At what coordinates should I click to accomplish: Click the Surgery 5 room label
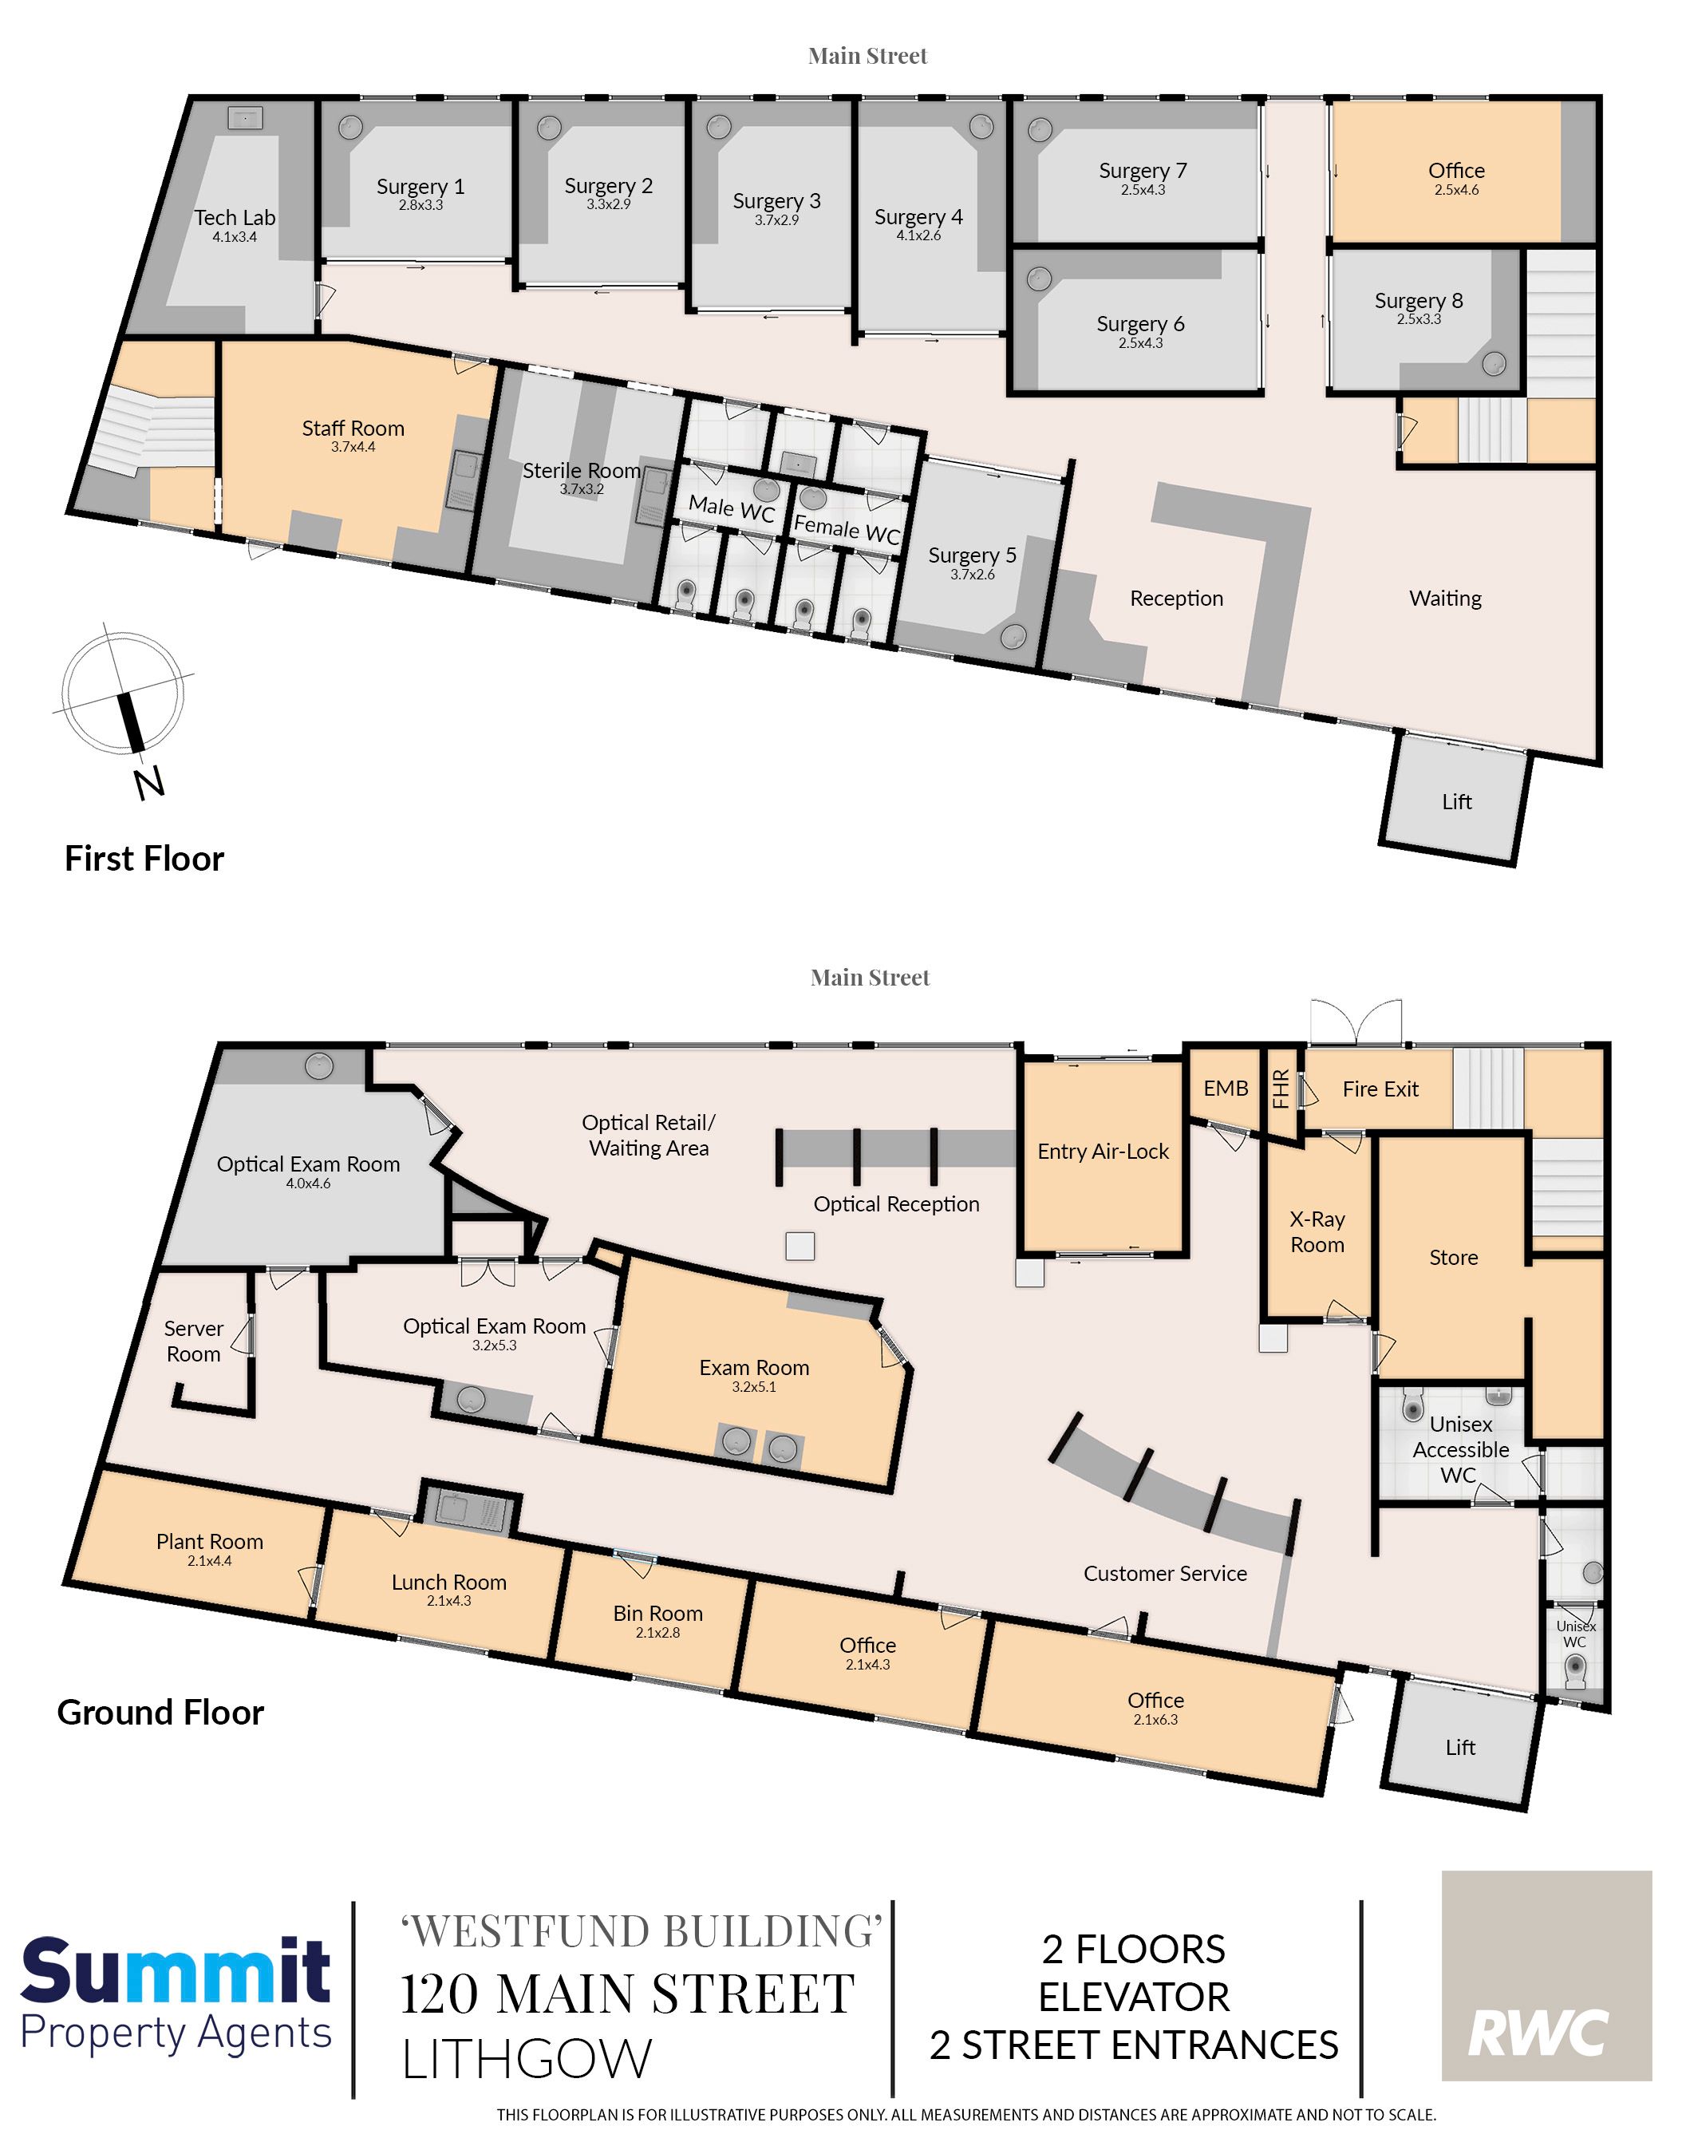tap(972, 555)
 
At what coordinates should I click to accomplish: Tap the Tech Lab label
tap(235, 218)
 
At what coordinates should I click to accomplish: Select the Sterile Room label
tap(581, 471)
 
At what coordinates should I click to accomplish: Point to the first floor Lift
tap(1456, 801)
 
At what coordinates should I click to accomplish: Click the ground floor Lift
tap(1460, 1747)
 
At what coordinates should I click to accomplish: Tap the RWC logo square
tap(1546, 1975)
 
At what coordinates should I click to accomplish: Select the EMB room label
tap(1226, 1088)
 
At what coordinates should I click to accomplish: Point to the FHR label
tap(1280, 1089)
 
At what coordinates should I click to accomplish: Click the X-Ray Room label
tap(1317, 1232)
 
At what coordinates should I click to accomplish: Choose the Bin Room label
tap(657, 1613)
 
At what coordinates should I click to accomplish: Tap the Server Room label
tap(194, 1342)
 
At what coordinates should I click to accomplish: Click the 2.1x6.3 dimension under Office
tap(1155, 1719)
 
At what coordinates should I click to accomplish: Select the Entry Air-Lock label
tap(1103, 1151)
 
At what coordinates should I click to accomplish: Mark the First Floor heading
tap(144, 859)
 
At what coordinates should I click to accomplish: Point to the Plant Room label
tap(210, 1541)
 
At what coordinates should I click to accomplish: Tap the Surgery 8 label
tap(1419, 300)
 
